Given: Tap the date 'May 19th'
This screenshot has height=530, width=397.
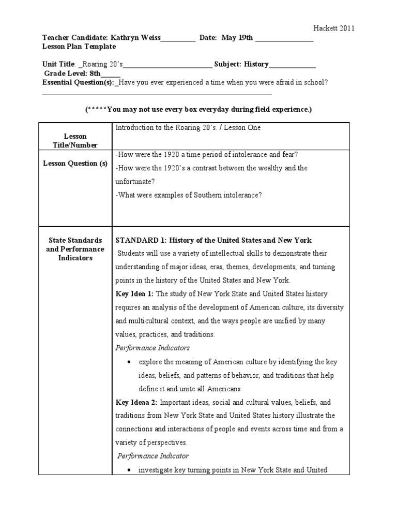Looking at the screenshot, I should pyautogui.click(x=238, y=38).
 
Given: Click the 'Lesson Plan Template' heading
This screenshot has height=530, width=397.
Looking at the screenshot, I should pyautogui.click(x=79, y=47).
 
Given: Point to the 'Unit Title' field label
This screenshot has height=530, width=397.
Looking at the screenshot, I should pyautogui.click(x=59, y=64).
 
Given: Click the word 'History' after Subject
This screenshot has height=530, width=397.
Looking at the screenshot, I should pyautogui.click(x=256, y=64).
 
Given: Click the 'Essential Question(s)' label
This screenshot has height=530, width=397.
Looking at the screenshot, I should pyautogui.click(x=78, y=82).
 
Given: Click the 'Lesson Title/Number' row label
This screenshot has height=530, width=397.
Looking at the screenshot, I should pyautogui.click(x=75, y=141).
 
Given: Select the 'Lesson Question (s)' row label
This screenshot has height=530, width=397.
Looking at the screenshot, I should pyautogui.click(x=75, y=164).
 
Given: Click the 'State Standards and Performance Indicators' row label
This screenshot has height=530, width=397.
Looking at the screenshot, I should pyautogui.click(x=75, y=249).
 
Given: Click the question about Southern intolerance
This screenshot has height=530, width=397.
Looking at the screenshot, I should pyautogui.click(x=189, y=195).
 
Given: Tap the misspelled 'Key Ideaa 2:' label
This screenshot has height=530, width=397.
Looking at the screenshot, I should pyautogui.click(x=136, y=402).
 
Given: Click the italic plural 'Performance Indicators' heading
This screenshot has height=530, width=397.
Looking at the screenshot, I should pyautogui.click(x=152, y=348).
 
